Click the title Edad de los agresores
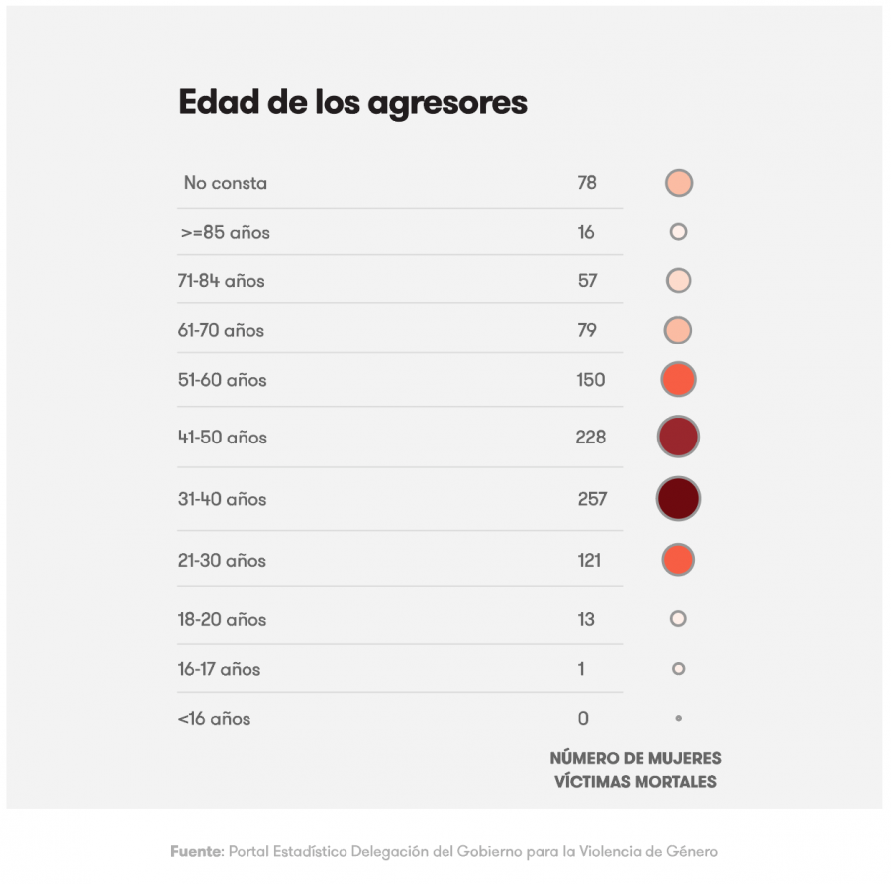click(352, 103)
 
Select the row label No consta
click(225, 183)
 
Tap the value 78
click(587, 183)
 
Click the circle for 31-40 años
click(678, 498)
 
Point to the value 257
click(592, 499)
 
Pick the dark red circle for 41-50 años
click(678, 437)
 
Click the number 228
click(590, 437)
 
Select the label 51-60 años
click(222, 380)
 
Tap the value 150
click(590, 380)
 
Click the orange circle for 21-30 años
click(678, 560)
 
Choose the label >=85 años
click(226, 233)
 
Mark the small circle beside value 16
click(678, 232)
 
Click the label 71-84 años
click(221, 281)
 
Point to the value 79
click(587, 330)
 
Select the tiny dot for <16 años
click(678, 718)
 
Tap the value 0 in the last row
click(583, 719)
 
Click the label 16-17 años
click(219, 669)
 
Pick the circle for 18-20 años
click(678, 619)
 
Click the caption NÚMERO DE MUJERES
click(636, 759)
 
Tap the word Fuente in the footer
click(195, 851)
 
